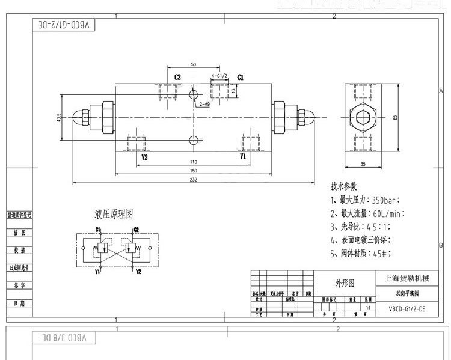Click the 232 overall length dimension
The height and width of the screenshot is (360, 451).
[193, 178]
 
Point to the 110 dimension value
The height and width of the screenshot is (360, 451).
[193, 162]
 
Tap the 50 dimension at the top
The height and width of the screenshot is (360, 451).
[193, 64]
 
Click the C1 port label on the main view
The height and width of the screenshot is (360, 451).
[240, 77]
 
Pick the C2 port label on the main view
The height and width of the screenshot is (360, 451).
[178, 77]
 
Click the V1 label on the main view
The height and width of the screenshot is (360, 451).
[243, 156]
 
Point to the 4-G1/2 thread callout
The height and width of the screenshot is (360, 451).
[218, 76]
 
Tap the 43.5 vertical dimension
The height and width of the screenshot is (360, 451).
[58, 117]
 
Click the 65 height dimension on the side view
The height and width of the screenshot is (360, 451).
[395, 117]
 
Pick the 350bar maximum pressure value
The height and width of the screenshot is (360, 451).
[385, 200]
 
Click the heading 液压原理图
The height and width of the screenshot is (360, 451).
[114, 214]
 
